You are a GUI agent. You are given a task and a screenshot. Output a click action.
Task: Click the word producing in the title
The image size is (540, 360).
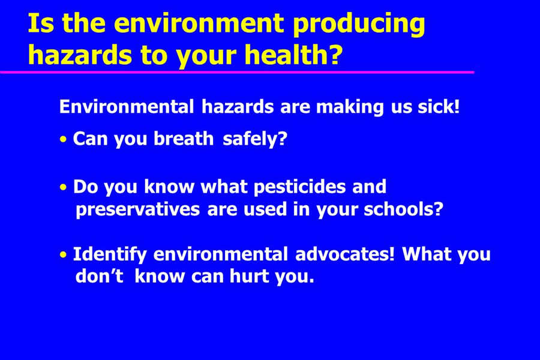359,25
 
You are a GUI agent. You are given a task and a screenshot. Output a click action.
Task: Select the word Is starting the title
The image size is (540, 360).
41,23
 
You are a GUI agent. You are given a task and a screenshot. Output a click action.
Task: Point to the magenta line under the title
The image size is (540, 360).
237,72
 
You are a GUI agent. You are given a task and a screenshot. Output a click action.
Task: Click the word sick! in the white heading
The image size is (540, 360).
439,106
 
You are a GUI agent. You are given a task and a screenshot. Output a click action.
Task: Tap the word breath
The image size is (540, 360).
184,139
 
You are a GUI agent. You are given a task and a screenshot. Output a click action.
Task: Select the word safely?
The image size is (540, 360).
255,139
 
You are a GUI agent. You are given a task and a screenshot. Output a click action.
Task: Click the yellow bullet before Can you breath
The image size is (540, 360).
63,140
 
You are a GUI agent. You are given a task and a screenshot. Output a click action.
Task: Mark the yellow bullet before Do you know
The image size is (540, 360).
63,187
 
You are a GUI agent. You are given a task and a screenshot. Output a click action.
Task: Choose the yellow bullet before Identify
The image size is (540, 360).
63,255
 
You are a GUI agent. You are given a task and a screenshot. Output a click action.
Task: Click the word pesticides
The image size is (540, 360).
299,187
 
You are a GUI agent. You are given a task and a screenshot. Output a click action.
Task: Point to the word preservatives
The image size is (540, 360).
138,210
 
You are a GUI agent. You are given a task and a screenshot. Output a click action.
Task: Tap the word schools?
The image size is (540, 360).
404,209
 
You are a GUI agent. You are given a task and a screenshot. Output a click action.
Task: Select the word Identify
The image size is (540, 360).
110,255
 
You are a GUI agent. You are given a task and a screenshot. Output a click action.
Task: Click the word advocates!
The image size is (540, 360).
345,254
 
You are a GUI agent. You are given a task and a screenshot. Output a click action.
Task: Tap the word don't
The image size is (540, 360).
100,276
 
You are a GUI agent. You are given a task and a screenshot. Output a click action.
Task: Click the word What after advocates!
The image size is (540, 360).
427,254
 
